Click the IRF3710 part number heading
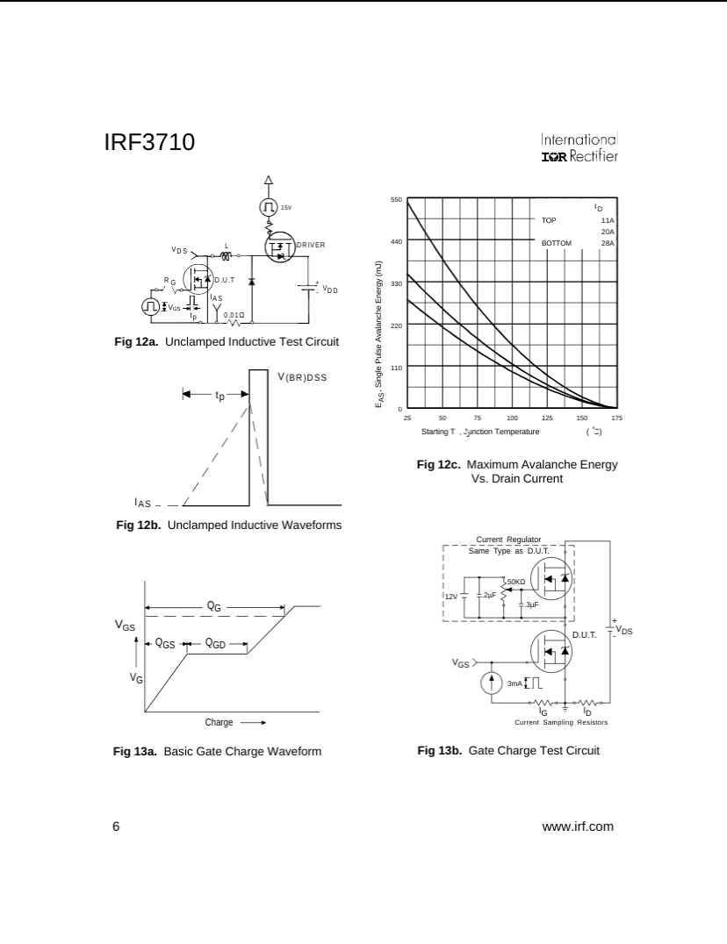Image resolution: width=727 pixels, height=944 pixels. point(149,142)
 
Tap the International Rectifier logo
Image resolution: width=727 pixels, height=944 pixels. point(579,148)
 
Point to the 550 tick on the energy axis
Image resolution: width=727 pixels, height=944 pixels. point(397,200)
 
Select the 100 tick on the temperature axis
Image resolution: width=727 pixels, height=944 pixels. point(512,418)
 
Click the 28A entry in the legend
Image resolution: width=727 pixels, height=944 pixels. point(608,243)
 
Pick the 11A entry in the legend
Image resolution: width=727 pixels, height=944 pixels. point(608,220)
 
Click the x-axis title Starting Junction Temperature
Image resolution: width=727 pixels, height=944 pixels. point(480,431)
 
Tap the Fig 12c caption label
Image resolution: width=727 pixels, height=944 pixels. point(439,464)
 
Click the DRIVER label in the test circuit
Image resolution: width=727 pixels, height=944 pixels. point(311,244)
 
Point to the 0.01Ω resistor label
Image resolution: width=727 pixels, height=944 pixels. point(234,314)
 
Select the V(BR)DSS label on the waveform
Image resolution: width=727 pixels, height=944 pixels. point(302,377)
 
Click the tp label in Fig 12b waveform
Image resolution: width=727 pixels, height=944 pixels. point(220,396)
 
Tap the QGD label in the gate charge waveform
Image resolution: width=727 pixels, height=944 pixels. point(215,644)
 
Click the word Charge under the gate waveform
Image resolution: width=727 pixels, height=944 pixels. point(219,722)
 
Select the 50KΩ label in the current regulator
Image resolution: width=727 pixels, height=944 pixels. point(515,582)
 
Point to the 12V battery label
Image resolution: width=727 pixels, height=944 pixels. point(450,596)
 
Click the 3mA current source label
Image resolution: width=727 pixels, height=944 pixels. point(515,683)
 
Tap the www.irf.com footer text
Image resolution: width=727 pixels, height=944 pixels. point(578,826)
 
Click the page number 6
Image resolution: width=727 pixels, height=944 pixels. point(116,826)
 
